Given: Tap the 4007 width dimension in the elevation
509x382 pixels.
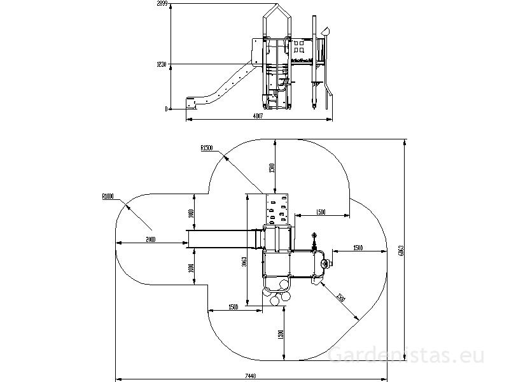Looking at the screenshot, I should point(258,117).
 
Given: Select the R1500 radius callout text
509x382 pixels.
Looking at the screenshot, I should point(206,148).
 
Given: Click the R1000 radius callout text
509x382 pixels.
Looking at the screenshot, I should point(108,197).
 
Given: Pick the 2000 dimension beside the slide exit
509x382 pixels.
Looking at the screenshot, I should point(151,240).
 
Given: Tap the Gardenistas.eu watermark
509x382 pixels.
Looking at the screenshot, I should point(407,356).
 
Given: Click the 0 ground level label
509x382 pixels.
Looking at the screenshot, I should point(166,109).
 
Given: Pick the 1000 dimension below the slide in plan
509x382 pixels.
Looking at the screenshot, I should point(191,268).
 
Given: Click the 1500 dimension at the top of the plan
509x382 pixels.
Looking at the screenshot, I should point(271,168).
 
